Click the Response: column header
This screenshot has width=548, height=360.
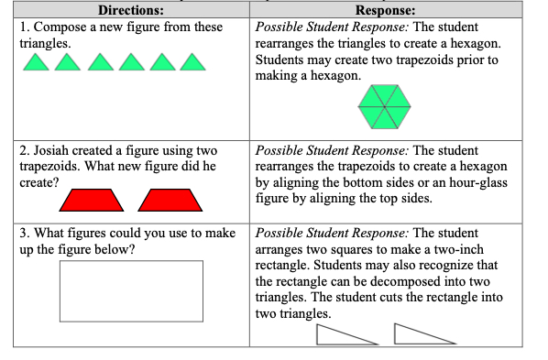[x=385, y=11]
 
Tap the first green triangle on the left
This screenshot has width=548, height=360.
[x=34, y=63]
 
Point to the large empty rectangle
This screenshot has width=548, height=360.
[x=131, y=290]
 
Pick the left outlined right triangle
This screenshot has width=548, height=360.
[x=340, y=334]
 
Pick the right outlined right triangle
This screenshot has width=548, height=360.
[x=418, y=334]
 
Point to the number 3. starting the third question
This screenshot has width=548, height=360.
[x=25, y=233]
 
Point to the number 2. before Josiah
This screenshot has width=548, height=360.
[x=25, y=150]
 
